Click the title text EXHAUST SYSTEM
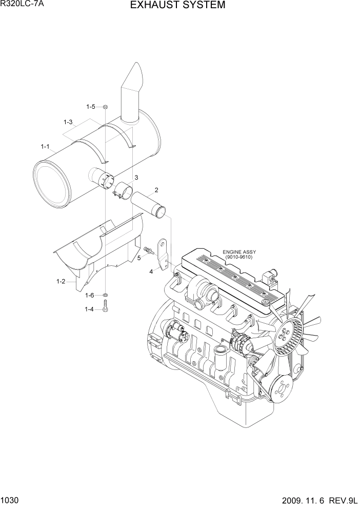177,6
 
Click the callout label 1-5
90,107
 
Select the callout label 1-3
68,122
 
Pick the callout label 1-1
45,147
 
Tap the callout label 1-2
61,281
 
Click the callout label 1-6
90,295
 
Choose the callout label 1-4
90,309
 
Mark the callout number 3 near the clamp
136,178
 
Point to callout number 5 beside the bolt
138,258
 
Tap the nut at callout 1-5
105,107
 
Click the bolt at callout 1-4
105,307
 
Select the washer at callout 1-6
105,295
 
